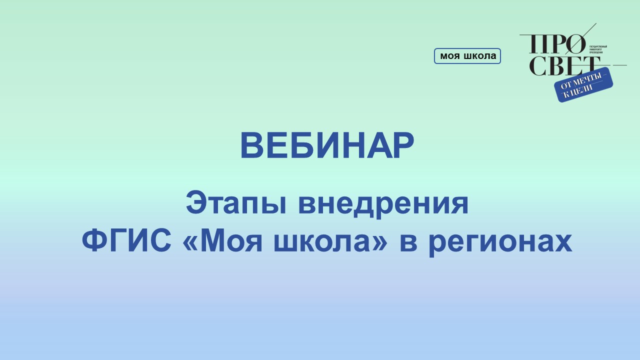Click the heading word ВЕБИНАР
pyautogui.click(x=327, y=146)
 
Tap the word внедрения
pyautogui.click(x=383, y=204)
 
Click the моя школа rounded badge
pyautogui.click(x=467, y=56)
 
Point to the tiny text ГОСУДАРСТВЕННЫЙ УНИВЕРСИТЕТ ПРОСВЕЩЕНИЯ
pyautogui.click(x=598, y=49)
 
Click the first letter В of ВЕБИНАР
pyautogui.click(x=252, y=146)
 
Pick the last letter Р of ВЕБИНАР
pyautogui.click(x=403, y=146)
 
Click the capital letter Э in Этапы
pyautogui.click(x=196, y=204)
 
